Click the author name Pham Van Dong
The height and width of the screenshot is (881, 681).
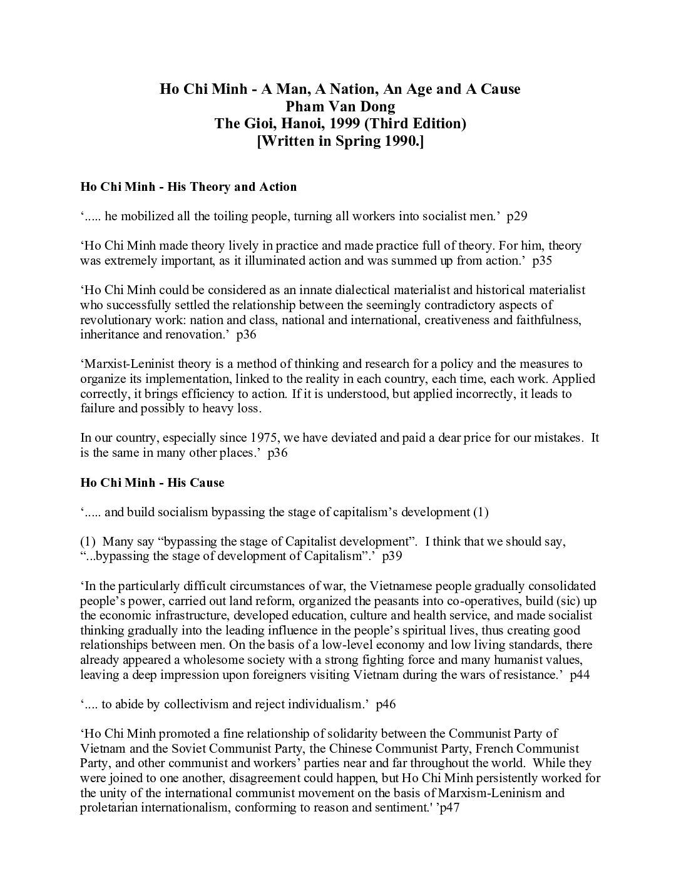pyautogui.click(x=340, y=106)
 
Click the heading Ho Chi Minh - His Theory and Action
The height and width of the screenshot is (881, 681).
pyautogui.click(x=188, y=186)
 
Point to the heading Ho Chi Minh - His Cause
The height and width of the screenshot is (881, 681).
pyautogui.click(x=152, y=482)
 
